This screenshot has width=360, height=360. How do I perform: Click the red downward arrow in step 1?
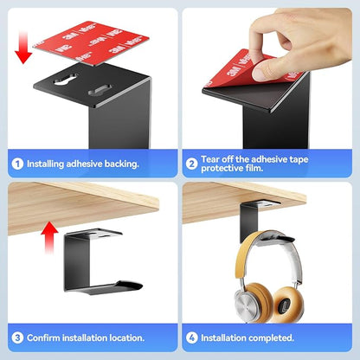[23, 48]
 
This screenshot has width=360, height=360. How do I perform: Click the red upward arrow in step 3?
[49, 237]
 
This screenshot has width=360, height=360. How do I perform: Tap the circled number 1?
[17, 164]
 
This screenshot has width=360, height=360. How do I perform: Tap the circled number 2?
[191, 164]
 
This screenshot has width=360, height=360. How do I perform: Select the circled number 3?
[17, 337]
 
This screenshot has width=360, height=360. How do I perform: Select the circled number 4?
[191, 337]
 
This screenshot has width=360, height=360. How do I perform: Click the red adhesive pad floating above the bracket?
[91, 42]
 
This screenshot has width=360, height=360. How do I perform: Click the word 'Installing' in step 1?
[46, 164]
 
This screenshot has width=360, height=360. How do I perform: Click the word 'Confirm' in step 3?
[43, 337]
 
